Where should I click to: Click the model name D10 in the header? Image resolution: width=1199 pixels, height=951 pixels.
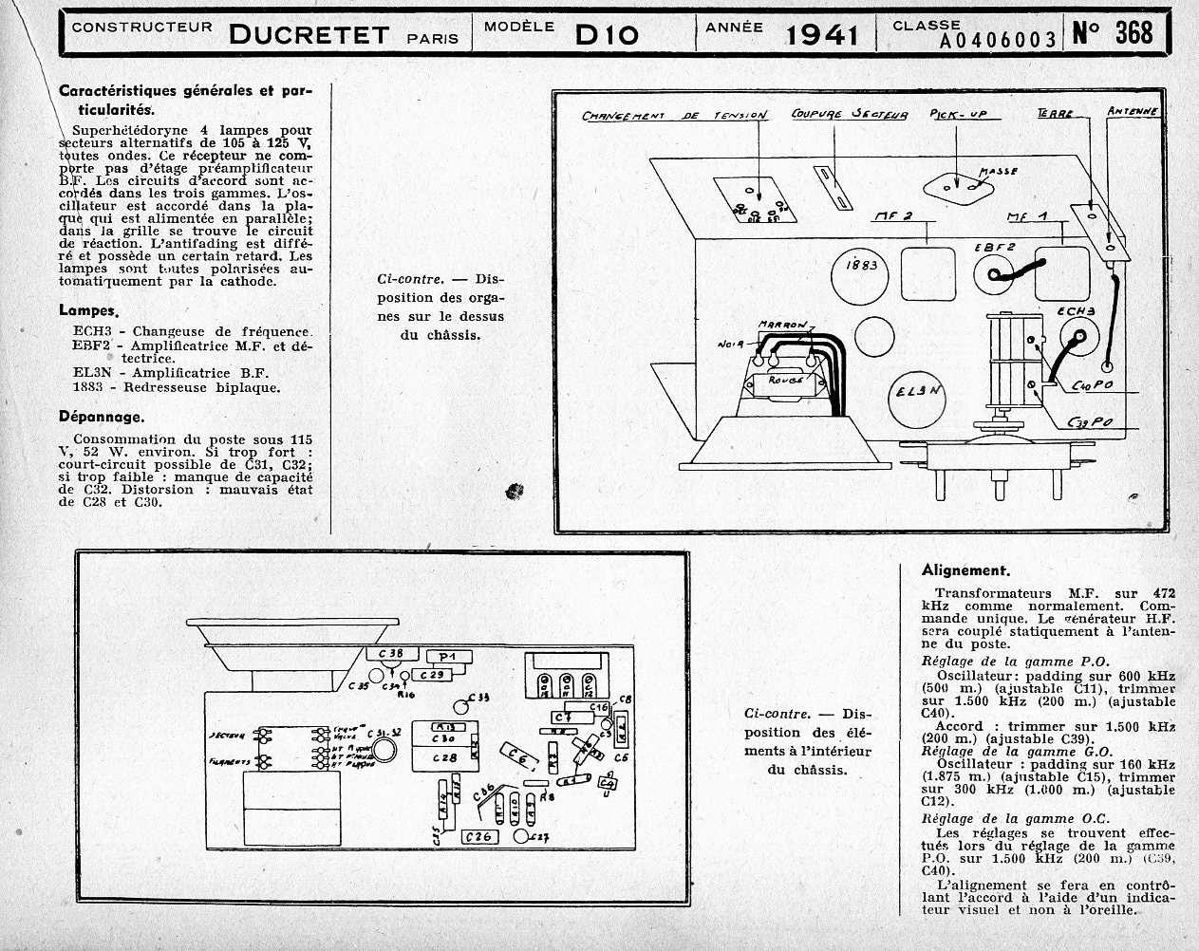[607, 34]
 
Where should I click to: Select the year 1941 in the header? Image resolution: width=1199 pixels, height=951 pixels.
[822, 35]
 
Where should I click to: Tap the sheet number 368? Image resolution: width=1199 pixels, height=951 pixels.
[1133, 32]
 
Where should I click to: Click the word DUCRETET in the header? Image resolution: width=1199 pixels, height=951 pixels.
[309, 35]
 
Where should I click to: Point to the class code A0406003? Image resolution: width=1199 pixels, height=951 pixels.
[998, 39]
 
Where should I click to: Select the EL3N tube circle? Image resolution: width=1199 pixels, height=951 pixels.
[919, 392]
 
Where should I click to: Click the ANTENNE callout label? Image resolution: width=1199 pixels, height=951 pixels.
[1132, 111]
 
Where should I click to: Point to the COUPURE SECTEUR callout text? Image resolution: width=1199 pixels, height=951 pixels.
[849, 115]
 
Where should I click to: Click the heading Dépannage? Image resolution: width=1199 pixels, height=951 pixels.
[102, 416]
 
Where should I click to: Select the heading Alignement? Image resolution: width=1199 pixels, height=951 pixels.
[964, 570]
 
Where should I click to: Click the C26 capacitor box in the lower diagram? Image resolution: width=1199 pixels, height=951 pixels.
[480, 836]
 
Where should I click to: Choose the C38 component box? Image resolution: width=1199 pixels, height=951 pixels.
[390, 653]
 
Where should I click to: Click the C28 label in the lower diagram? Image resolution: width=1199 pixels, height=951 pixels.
[445, 757]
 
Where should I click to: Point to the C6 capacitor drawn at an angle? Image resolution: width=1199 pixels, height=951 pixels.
[519, 756]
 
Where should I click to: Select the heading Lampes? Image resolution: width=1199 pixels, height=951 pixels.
[88, 310]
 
